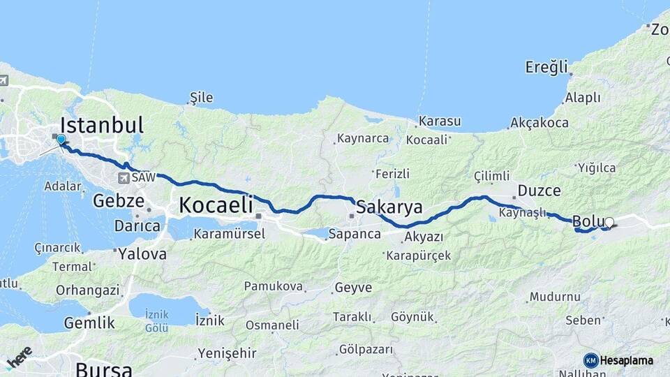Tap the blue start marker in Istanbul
click(61, 140)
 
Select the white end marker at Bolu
click(609, 223)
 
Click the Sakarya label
click(389, 207)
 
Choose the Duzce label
click(539, 190)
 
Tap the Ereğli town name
click(547, 67)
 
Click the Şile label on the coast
click(202, 98)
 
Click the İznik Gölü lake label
click(156, 320)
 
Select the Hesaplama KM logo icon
click(591, 360)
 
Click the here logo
click(19, 357)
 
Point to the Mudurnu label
click(555, 297)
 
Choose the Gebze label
click(118, 201)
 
